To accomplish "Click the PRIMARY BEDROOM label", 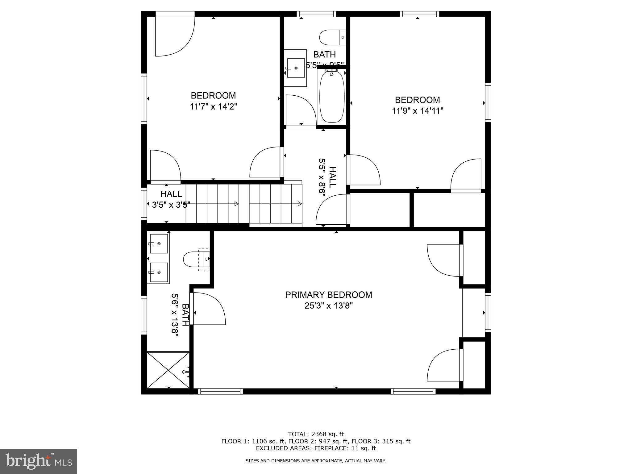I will tap(328, 295).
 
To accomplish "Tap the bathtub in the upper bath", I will tap(332, 97).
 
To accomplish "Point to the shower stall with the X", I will tap(168, 370).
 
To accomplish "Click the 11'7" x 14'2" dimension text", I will tap(213, 107).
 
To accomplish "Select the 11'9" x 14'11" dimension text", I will tap(418, 111).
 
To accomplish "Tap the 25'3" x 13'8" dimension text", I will tap(328, 306).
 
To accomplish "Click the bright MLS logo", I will tap(39, 461).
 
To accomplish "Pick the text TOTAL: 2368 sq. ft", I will tap(316, 434).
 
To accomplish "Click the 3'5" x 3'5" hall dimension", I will tap(171, 205).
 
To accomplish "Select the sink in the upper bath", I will tap(296, 68).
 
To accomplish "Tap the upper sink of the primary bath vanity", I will tap(159, 243).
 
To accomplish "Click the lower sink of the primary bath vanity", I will tap(159, 272).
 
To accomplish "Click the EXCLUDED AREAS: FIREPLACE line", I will tap(316, 448).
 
